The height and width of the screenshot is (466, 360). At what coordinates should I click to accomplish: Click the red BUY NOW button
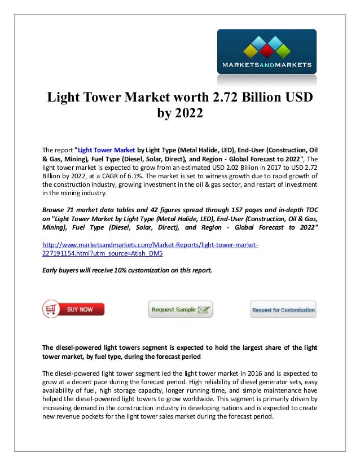[x=73, y=309]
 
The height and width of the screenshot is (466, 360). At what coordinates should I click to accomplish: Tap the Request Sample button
[x=180, y=310]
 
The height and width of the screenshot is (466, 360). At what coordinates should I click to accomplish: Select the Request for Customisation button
[x=283, y=310]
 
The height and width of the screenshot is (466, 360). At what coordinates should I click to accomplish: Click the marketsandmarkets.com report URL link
[x=151, y=248]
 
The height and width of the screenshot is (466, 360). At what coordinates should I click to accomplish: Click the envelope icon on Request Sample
[x=204, y=310]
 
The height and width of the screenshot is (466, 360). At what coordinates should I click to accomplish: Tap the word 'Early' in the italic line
[x=51, y=270]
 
